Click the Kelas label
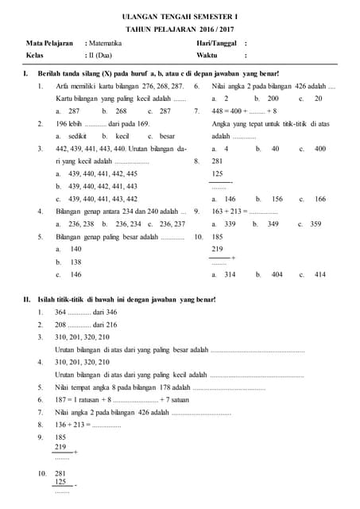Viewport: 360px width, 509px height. pos(34,56)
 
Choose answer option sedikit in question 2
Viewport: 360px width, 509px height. pos(80,136)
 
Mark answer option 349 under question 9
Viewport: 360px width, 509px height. pos(271,224)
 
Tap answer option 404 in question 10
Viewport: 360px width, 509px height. pos(277,274)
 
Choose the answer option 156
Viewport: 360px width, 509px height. pos(277,199)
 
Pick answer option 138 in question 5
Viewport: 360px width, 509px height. pos(76,262)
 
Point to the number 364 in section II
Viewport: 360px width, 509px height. pos(60,313)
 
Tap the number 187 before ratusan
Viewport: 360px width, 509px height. pos(60,399)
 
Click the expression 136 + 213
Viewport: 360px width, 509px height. pos(70,425)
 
